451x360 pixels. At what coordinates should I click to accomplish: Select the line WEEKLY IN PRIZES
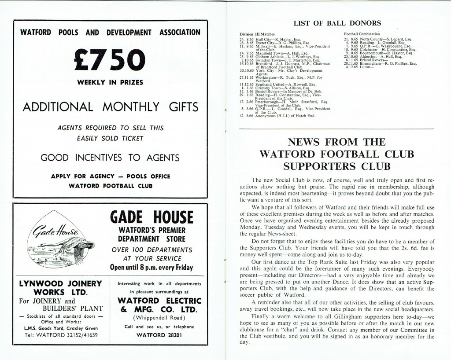pyautogui.click(x=110, y=82)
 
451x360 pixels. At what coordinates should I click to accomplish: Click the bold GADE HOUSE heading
pyautogui.click(x=152, y=217)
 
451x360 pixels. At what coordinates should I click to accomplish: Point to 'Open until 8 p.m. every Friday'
pyautogui.click(x=152, y=267)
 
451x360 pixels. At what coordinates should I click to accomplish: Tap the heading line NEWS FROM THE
pyautogui.click(x=336, y=142)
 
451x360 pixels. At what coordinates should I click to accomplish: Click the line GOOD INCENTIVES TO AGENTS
pyautogui.click(x=110, y=158)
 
